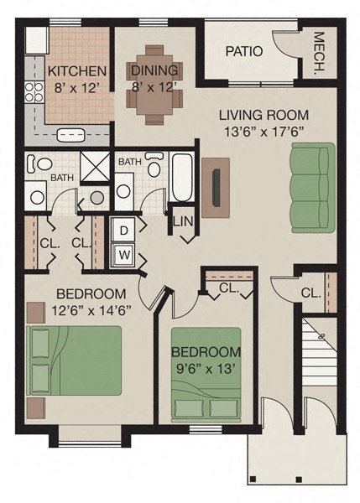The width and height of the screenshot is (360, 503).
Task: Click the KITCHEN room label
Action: (x=76, y=70)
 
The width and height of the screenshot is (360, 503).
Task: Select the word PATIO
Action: (x=244, y=51)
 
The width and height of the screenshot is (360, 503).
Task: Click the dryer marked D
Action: (x=123, y=230)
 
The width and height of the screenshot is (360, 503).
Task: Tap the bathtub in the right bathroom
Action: (x=182, y=177)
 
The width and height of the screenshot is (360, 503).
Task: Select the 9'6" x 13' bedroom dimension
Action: (x=206, y=367)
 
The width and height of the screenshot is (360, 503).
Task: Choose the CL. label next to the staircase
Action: (x=310, y=293)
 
